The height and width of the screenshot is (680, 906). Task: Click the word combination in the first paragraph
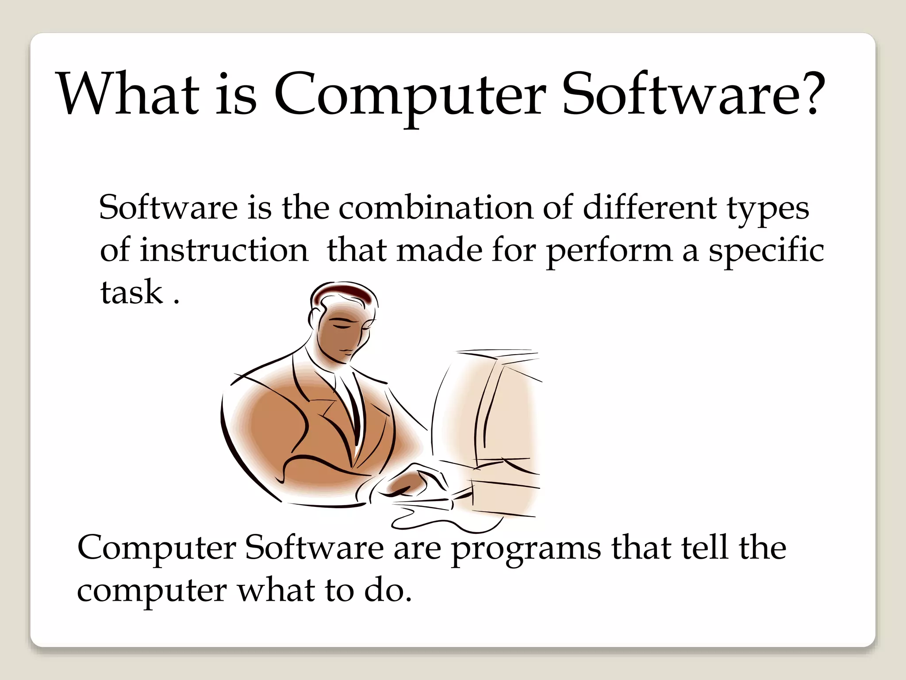(x=436, y=208)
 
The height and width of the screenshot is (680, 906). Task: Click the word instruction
(x=223, y=251)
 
